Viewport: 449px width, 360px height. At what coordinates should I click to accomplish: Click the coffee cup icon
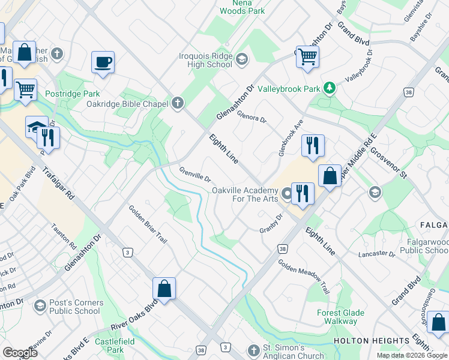tap(103, 62)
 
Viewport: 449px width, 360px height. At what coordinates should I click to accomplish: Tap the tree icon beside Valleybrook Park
tap(329, 89)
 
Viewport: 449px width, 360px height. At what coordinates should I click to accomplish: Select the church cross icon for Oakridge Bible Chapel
tap(177, 103)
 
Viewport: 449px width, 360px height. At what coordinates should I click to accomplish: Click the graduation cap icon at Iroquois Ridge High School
tap(241, 58)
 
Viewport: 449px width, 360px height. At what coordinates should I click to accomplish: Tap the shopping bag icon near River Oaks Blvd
tap(164, 289)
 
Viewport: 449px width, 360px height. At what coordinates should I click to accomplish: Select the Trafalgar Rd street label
tap(58, 184)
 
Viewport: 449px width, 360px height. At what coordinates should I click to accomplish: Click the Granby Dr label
tap(271, 223)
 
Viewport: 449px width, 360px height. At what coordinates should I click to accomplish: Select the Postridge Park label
tap(72, 94)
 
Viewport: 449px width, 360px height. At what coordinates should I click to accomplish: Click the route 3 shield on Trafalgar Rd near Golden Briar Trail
tap(127, 253)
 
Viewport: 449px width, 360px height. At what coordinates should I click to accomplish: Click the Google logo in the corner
tap(20, 353)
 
